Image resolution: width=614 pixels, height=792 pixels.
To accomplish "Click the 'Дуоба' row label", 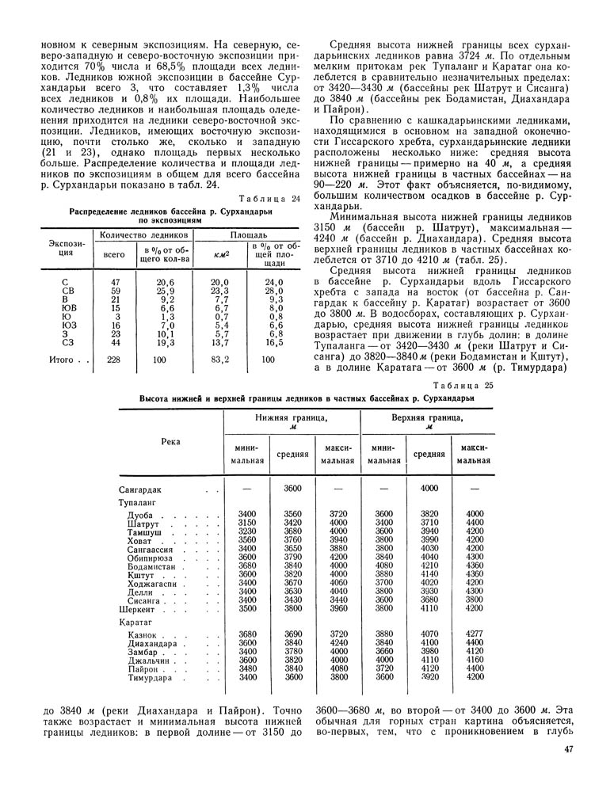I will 143,516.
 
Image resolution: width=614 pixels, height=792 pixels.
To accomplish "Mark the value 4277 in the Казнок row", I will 475,634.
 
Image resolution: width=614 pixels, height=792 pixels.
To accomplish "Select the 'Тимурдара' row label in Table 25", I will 151,678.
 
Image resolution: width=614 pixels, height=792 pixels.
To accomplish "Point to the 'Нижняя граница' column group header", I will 292,421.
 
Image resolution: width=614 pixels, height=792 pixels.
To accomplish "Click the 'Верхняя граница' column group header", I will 429,421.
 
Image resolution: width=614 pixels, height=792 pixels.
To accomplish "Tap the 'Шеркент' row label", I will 137,611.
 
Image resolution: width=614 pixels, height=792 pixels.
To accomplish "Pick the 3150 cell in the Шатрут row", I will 247,524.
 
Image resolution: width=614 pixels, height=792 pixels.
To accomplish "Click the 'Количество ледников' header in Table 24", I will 140,235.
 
